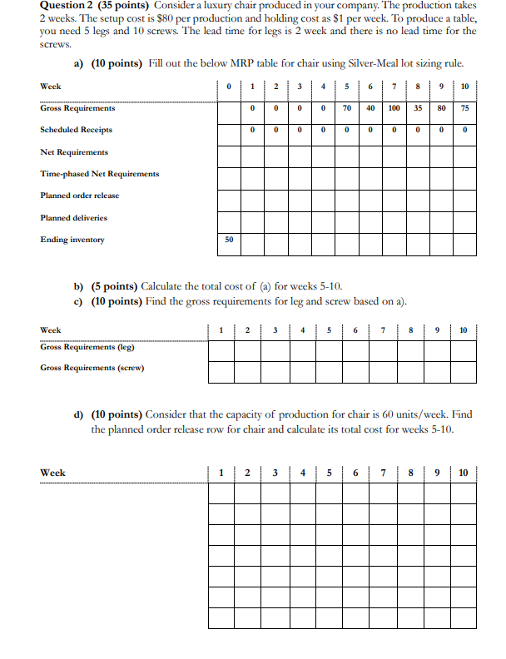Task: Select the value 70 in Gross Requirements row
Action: click(347, 108)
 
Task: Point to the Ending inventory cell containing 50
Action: click(229, 240)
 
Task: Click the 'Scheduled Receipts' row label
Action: click(76, 130)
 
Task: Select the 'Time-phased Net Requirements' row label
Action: click(99, 174)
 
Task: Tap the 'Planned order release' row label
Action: click(79, 196)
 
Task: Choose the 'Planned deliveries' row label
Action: click(73, 218)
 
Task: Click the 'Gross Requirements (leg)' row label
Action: click(87, 347)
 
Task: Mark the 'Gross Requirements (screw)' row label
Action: click(92, 368)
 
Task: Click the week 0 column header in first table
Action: click(229, 87)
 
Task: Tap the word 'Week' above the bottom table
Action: click(52, 473)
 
